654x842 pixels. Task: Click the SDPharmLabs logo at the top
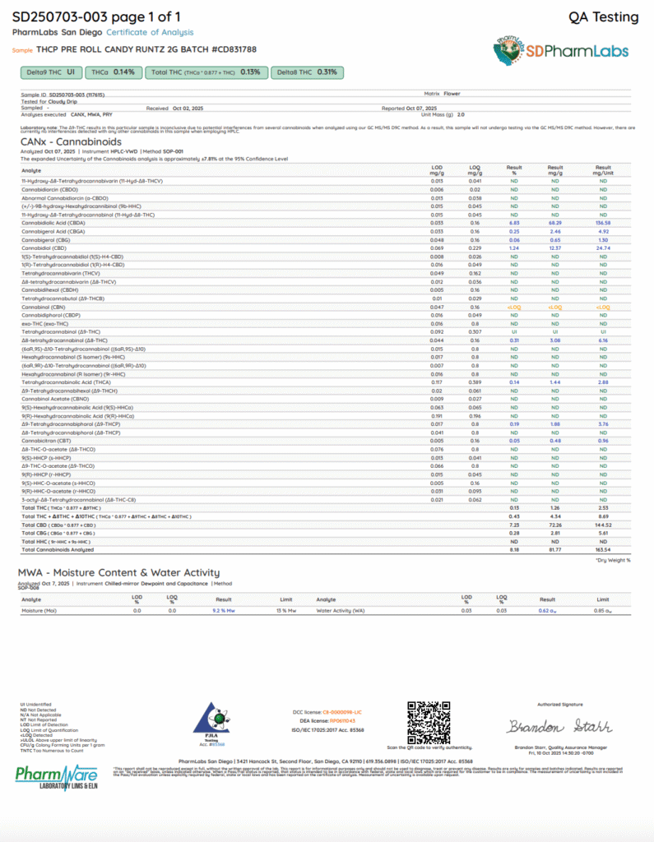tap(564, 50)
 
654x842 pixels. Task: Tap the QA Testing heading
tap(603, 17)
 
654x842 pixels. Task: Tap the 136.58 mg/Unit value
tap(602, 221)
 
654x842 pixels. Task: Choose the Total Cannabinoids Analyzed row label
tap(58, 550)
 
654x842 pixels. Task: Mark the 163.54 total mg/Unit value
tap(602, 550)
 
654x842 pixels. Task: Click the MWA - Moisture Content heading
tap(118, 572)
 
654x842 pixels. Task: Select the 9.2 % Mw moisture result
tap(225, 612)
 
